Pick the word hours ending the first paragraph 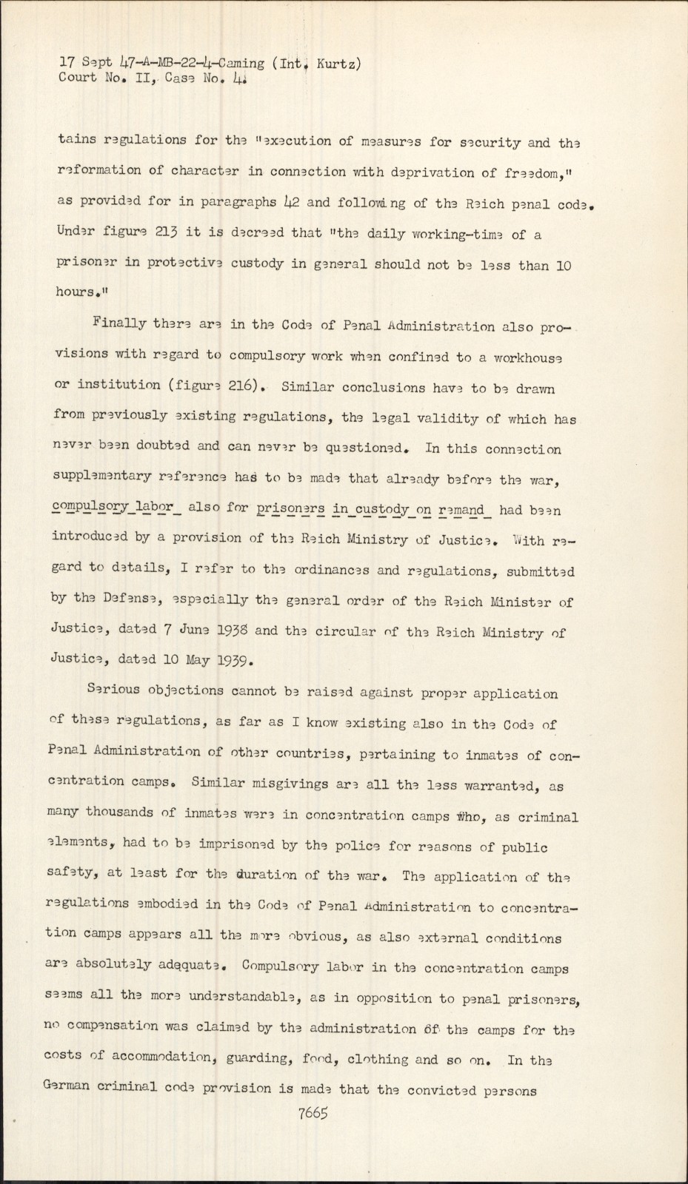(76, 292)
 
